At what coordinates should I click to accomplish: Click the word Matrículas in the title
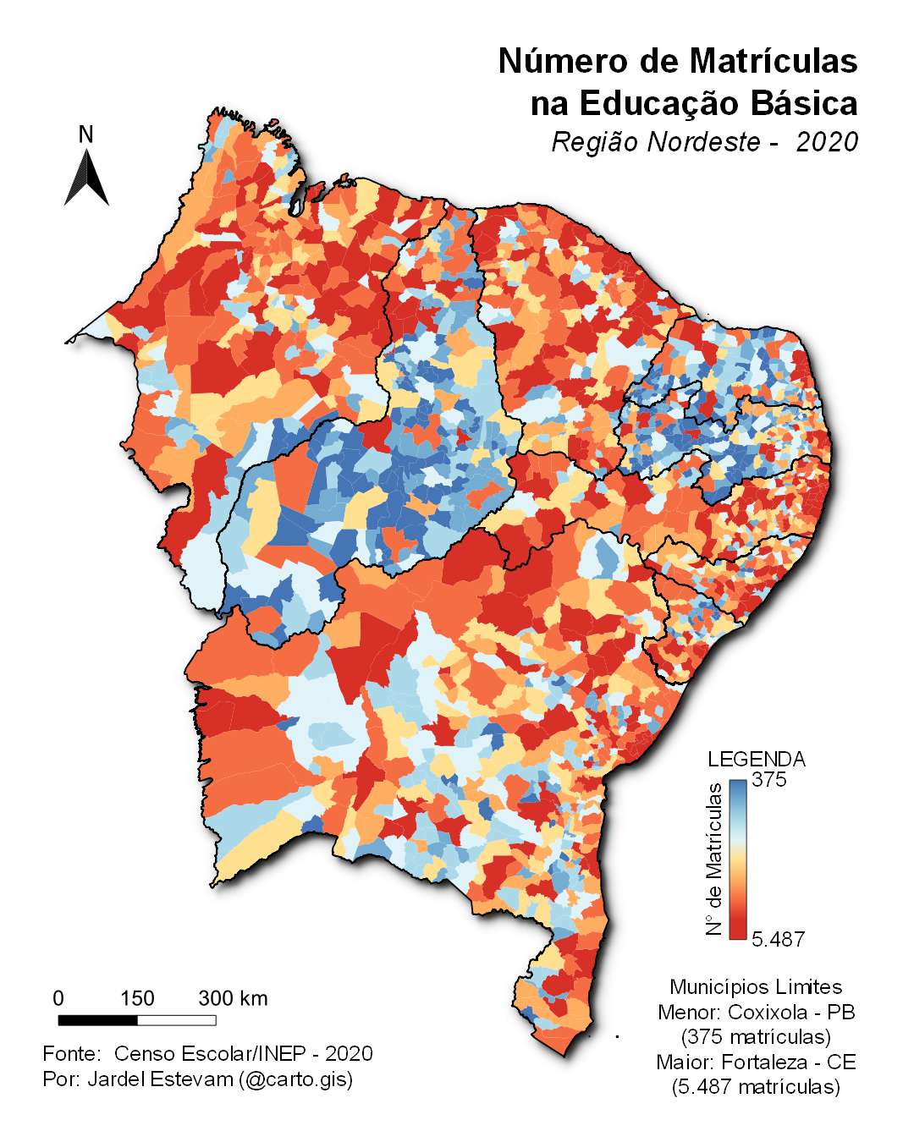coord(773,61)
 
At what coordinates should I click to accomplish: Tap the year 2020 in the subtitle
coord(827,142)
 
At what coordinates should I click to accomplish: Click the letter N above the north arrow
coord(85,135)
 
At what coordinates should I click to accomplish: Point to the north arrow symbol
coord(86,178)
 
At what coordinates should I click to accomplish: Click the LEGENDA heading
coord(756,759)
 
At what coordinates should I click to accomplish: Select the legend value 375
coord(768,780)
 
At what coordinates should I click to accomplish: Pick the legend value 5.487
coord(778,939)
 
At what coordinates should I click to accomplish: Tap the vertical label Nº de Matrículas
coord(715,859)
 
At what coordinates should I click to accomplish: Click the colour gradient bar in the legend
coord(737,859)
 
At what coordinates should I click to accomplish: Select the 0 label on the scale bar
coord(58,998)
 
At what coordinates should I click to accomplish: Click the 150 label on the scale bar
coord(137,998)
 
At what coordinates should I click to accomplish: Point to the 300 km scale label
coord(233,998)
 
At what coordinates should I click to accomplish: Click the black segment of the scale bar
coord(97,1020)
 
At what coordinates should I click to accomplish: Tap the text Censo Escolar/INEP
coord(217,1053)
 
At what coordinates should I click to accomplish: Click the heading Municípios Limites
coord(756,986)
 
